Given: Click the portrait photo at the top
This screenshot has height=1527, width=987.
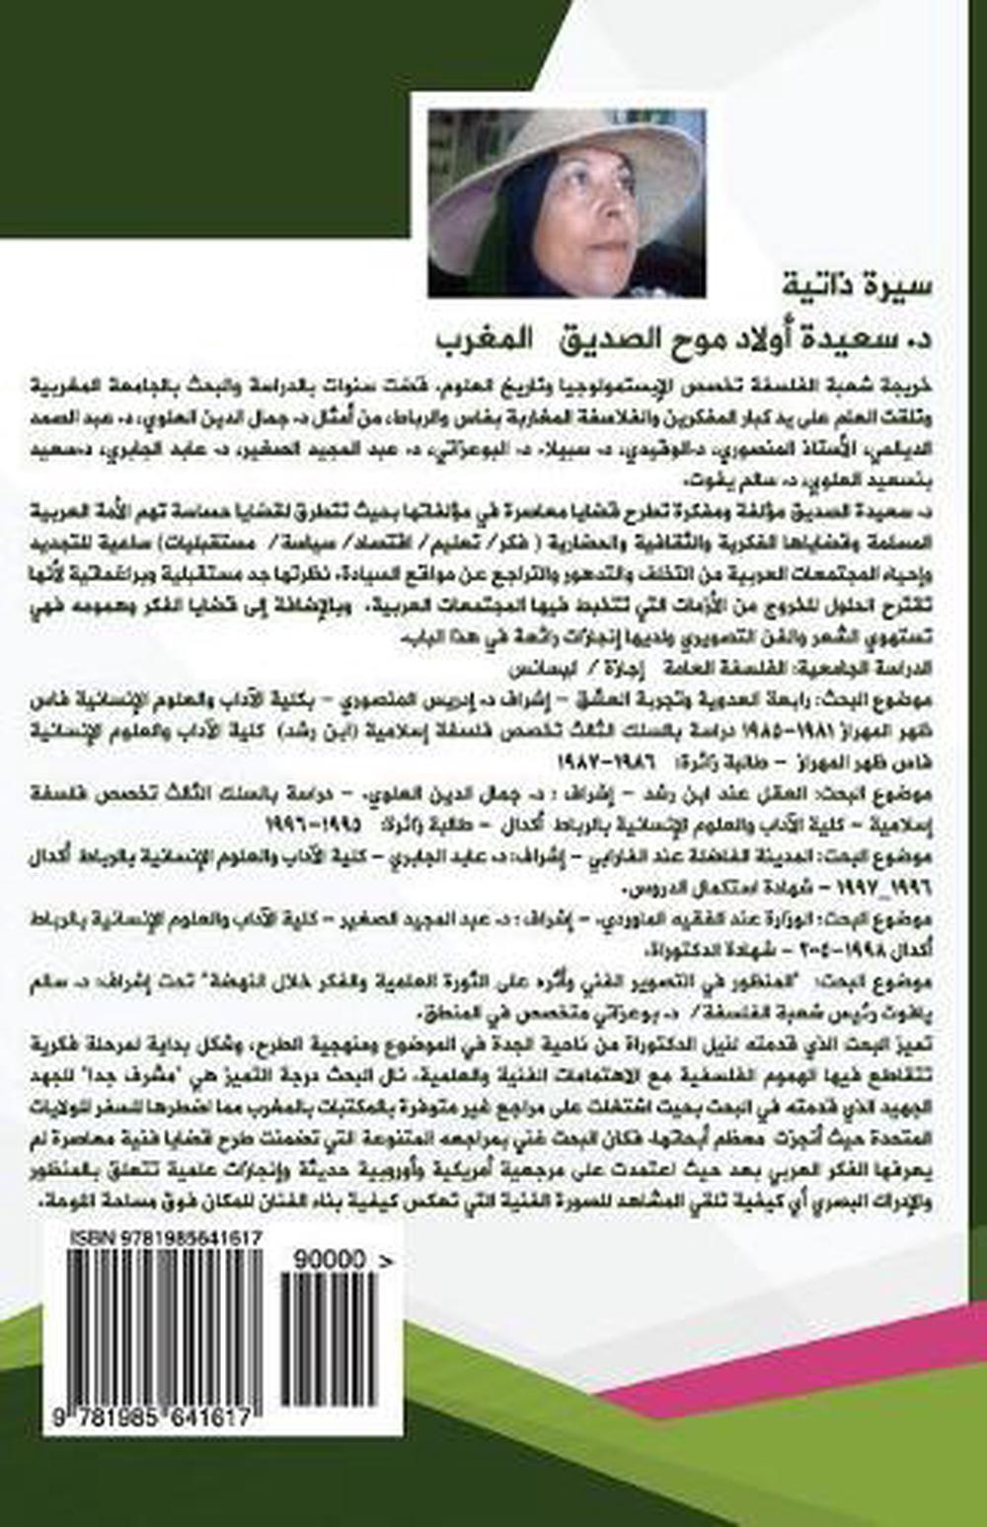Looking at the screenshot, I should pos(567,203).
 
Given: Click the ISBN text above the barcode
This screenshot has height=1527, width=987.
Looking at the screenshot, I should pos(152,1238).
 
